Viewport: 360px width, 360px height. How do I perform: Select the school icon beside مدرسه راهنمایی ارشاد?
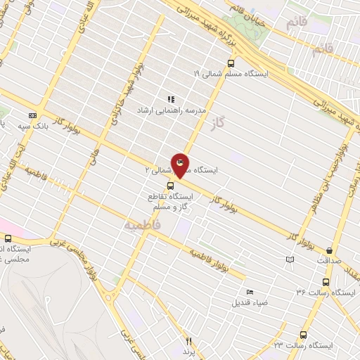point(170,99)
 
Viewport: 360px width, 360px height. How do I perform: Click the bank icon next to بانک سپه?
point(32,115)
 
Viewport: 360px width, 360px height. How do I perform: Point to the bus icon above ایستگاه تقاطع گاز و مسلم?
point(171,186)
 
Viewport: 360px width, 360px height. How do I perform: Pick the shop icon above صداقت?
point(329,250)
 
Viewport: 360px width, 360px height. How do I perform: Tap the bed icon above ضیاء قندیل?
point(249,292)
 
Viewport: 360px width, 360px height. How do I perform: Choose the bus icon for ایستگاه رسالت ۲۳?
point(303,335)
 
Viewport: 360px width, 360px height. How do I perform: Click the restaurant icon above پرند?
point(188,341)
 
